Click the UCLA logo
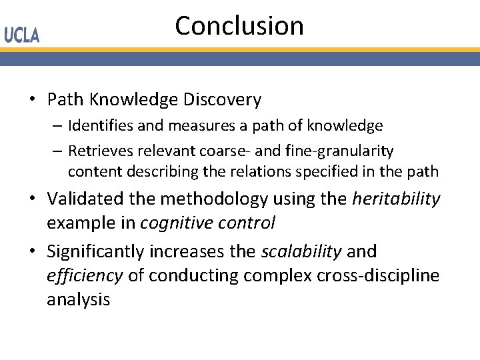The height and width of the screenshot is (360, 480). pos(22,35)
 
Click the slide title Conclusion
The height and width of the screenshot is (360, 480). pos(239,26)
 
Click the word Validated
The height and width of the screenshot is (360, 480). pos(85,199)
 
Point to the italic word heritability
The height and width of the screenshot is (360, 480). pos(396,199)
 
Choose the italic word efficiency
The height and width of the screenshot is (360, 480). pos(85,275)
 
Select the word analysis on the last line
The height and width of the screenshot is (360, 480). pos(78,299)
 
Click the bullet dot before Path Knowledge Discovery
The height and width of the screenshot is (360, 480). pos(32,100)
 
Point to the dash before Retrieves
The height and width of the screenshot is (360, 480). pos(59,151)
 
